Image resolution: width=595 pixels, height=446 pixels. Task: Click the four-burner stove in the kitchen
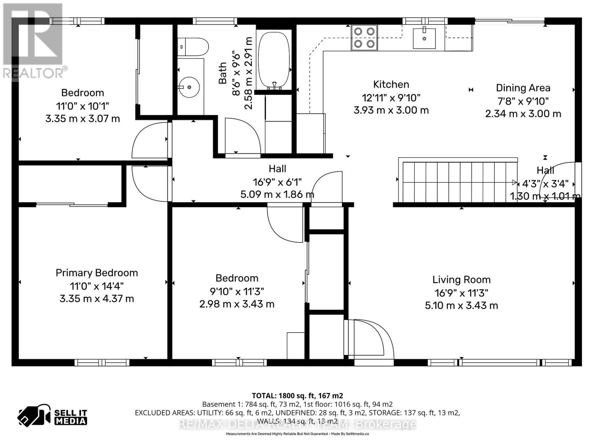[x=364, y=38]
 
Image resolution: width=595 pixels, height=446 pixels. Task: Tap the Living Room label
[x=461, y=279]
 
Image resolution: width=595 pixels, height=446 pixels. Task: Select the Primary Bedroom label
[x=97, y=273]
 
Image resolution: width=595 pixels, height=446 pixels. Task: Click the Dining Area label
[x=523, y=88]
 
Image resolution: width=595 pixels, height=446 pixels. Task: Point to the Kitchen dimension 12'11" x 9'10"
[x=391, y=98]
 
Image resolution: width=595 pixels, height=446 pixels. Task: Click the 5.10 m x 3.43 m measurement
[x=461, y=306]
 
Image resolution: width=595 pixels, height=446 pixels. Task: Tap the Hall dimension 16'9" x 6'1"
[x=277, y=182]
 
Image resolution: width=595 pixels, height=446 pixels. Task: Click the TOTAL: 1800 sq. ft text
[x=297, y=396]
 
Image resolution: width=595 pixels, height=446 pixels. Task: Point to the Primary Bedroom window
[x=102, y=362]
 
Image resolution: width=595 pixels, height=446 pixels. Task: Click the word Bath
[x=222, y=73]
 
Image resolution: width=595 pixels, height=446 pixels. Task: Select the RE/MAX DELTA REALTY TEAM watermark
[x=297, y=424]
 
